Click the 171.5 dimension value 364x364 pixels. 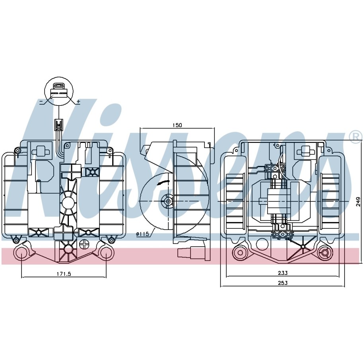64,274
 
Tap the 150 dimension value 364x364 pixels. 177,125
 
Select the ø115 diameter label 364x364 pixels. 142,234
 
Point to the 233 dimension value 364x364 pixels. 282,273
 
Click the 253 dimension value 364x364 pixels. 282,283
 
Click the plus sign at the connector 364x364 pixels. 78,101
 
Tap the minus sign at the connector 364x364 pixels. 41,101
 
